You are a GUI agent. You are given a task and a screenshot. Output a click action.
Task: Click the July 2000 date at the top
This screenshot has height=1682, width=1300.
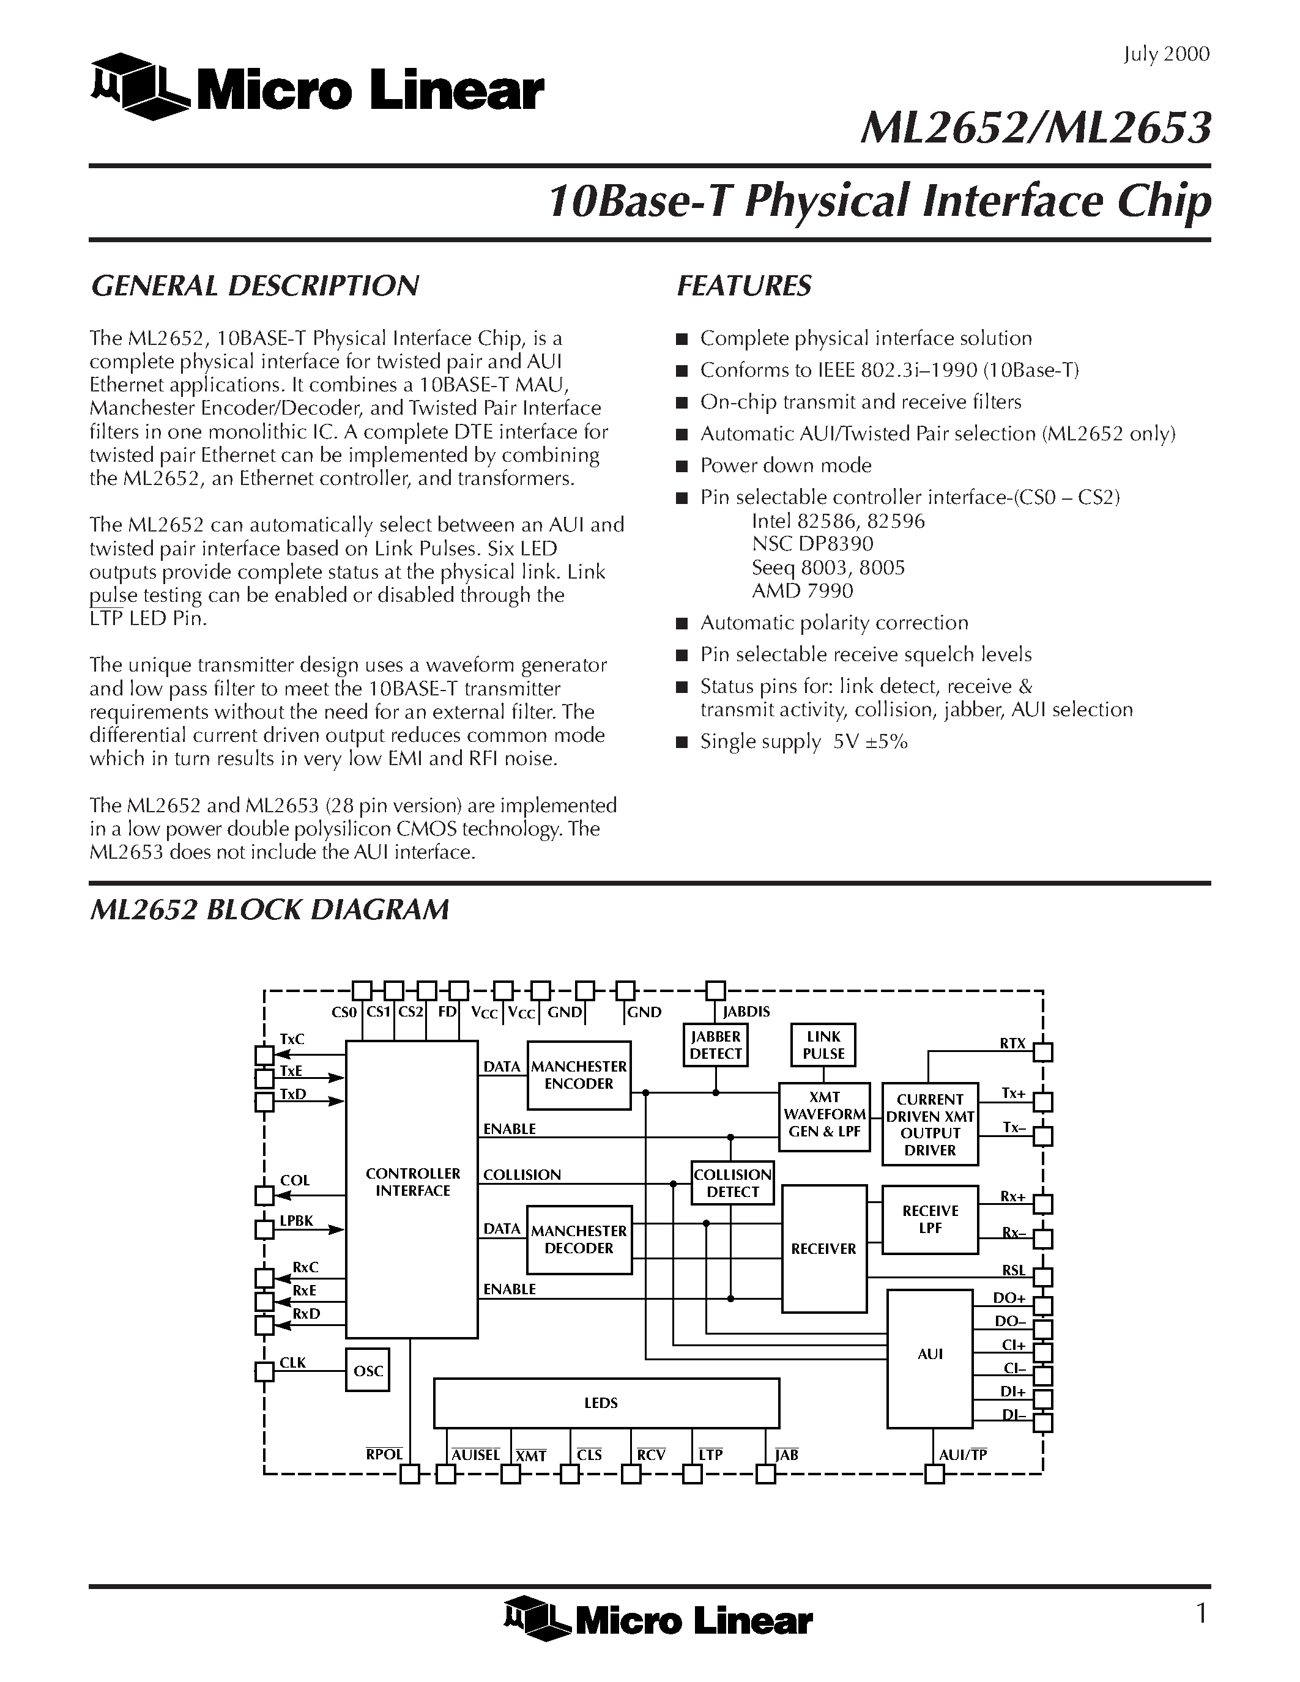coord(1166,54)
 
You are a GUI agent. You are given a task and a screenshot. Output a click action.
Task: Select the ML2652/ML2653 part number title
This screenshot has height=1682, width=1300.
coord(1035,128)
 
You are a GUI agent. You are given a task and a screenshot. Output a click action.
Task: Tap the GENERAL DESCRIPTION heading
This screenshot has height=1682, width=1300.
coord(255,286)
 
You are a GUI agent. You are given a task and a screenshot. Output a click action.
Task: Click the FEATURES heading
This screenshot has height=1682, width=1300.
coord(744,286)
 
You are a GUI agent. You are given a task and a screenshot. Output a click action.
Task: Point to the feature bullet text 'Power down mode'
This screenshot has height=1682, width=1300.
coord(786,465)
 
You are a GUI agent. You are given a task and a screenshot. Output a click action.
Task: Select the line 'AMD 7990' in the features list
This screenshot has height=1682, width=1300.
coord(803,591)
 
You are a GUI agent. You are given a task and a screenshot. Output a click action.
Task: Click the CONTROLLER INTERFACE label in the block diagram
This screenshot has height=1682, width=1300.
coord(413,1182)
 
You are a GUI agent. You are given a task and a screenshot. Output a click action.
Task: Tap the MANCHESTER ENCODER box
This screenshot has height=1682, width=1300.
coord(578,1075)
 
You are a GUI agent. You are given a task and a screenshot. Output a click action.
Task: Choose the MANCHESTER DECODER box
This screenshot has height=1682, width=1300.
coord(578,1239)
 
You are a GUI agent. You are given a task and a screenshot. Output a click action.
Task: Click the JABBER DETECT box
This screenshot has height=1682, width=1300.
coord(716,1045)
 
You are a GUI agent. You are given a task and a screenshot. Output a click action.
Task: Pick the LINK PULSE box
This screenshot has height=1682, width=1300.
coord(823,1045)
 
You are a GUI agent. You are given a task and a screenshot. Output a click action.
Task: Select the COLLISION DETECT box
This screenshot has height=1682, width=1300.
coord(732,1183)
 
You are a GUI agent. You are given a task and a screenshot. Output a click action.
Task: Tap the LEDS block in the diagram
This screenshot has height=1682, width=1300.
coord(606,1403)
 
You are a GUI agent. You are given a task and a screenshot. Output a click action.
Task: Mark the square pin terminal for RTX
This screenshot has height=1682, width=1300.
coord(1043,1052)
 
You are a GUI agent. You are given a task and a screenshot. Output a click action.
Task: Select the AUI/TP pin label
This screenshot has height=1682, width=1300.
coord(963,1455)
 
